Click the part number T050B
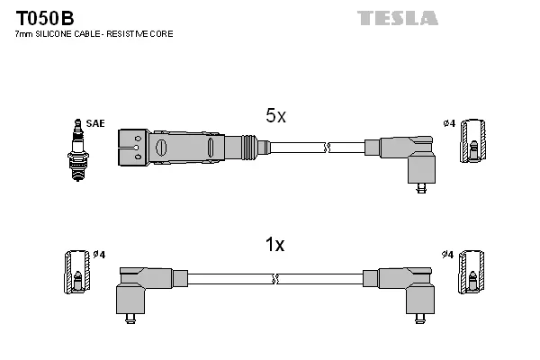pyautogui.click(x=41, y=18)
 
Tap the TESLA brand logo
pyautogui.click(x=397, y=18)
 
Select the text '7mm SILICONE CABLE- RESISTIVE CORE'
pyautogui.click(x=94, y=34)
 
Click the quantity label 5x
pyautogui.click(x=275, y=116)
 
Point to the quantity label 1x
pyautogui.click(x=274, y=245)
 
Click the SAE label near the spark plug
pyautogui.click(x=94, y=123)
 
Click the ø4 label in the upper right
pyautogui.click(x=449, y=123)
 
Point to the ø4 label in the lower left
pyautogui.click(x=99, y=255)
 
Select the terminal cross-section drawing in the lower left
pyautogui.click(x=76, y=273)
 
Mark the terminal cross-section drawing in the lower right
pyautogui.click(x=471, y=273)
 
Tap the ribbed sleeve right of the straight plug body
pyautogui.click(x=247, y=144)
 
